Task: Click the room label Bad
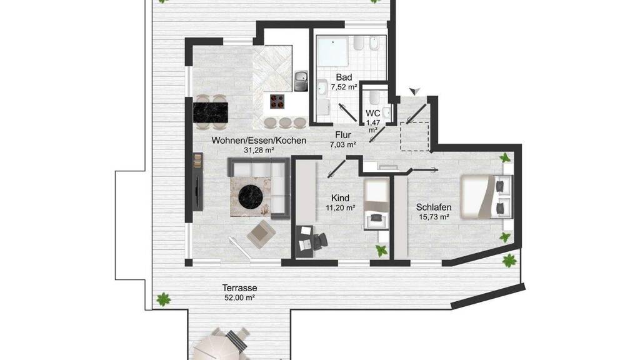344,77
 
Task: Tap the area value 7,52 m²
344,86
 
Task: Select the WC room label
372,113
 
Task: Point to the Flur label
343,135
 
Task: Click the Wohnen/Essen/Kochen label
259,141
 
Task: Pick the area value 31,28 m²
259,150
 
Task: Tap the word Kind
340,198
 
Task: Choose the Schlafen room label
434,207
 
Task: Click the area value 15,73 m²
434,217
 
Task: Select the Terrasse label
239,287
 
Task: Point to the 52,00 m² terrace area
239,297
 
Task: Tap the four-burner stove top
277,101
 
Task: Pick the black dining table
211,112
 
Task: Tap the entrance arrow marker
415,91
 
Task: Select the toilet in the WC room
374,98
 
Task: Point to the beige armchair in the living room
261,234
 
